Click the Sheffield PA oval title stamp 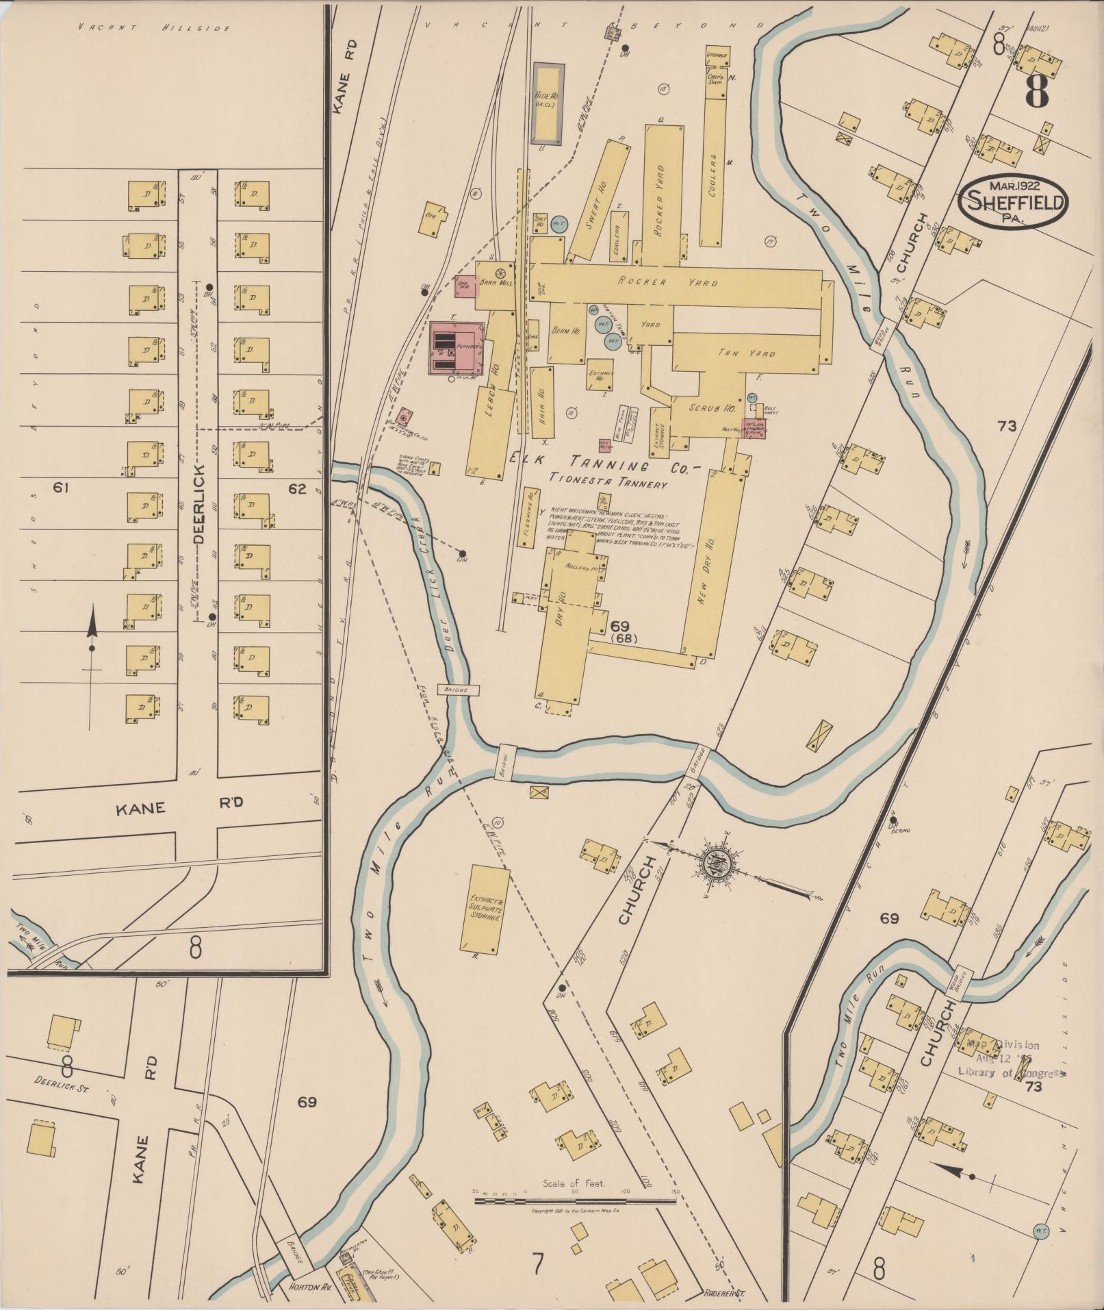[x=1014, y=202]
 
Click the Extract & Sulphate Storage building [x=486, y=909]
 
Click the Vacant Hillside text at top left [x=154, y=28]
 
